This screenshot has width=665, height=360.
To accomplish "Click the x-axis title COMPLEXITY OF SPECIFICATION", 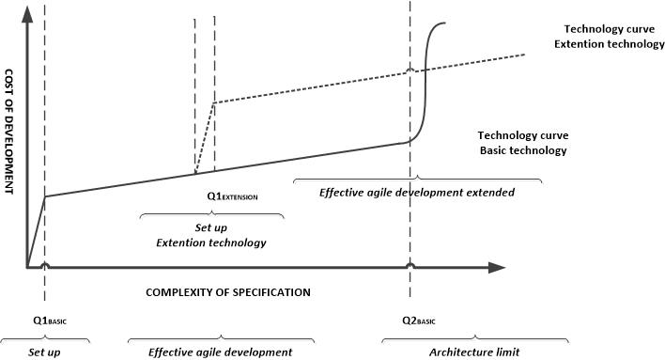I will click(227, 292).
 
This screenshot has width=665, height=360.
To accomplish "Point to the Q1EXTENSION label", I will click(232, 197).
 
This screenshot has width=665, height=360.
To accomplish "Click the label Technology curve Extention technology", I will click(610, 37).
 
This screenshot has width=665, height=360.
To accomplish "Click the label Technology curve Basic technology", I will click(523, 143).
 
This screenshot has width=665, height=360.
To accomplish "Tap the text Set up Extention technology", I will click(210, 235).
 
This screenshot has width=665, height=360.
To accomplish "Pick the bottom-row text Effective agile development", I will click(220, 352).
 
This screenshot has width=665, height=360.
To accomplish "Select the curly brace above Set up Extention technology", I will click(210, 215).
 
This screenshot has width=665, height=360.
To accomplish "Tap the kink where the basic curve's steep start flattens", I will click(45, 196).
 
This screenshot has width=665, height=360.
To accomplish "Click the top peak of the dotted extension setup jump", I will click(214, 102).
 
